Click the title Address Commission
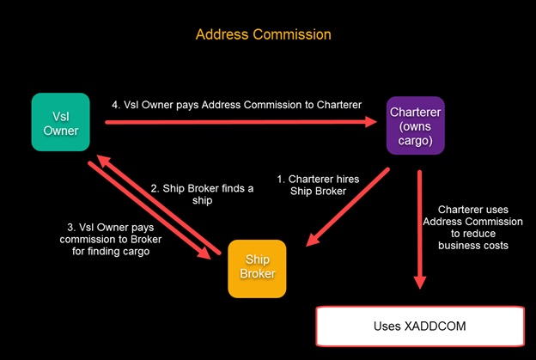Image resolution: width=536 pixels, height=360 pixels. coord(263,34)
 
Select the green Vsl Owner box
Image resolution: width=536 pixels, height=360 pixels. coord(60,121)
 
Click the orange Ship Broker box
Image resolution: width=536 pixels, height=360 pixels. coord(257,268)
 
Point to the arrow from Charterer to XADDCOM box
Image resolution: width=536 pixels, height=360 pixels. coord(420,232)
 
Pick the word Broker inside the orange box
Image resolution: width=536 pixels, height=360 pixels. coord(257,277)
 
